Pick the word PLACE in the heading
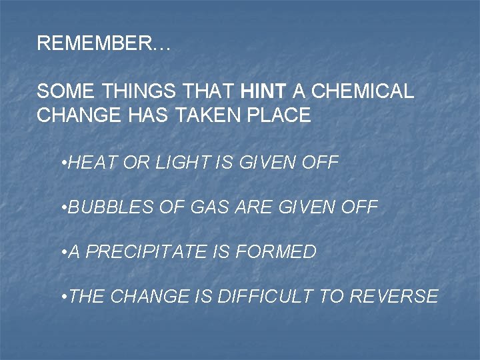(x=279, y=115)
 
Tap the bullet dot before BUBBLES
(x=62, y=208)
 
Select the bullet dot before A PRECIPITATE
(x=62, y=252)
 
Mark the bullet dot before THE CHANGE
(x=62, y=296)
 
